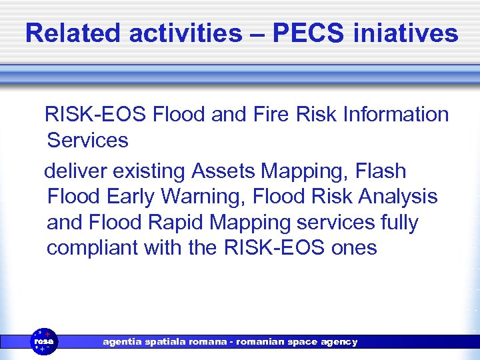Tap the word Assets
[223, 171]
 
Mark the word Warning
[205, 197]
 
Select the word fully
[396, 223]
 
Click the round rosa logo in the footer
[45, 341]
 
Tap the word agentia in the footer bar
[122, 341]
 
